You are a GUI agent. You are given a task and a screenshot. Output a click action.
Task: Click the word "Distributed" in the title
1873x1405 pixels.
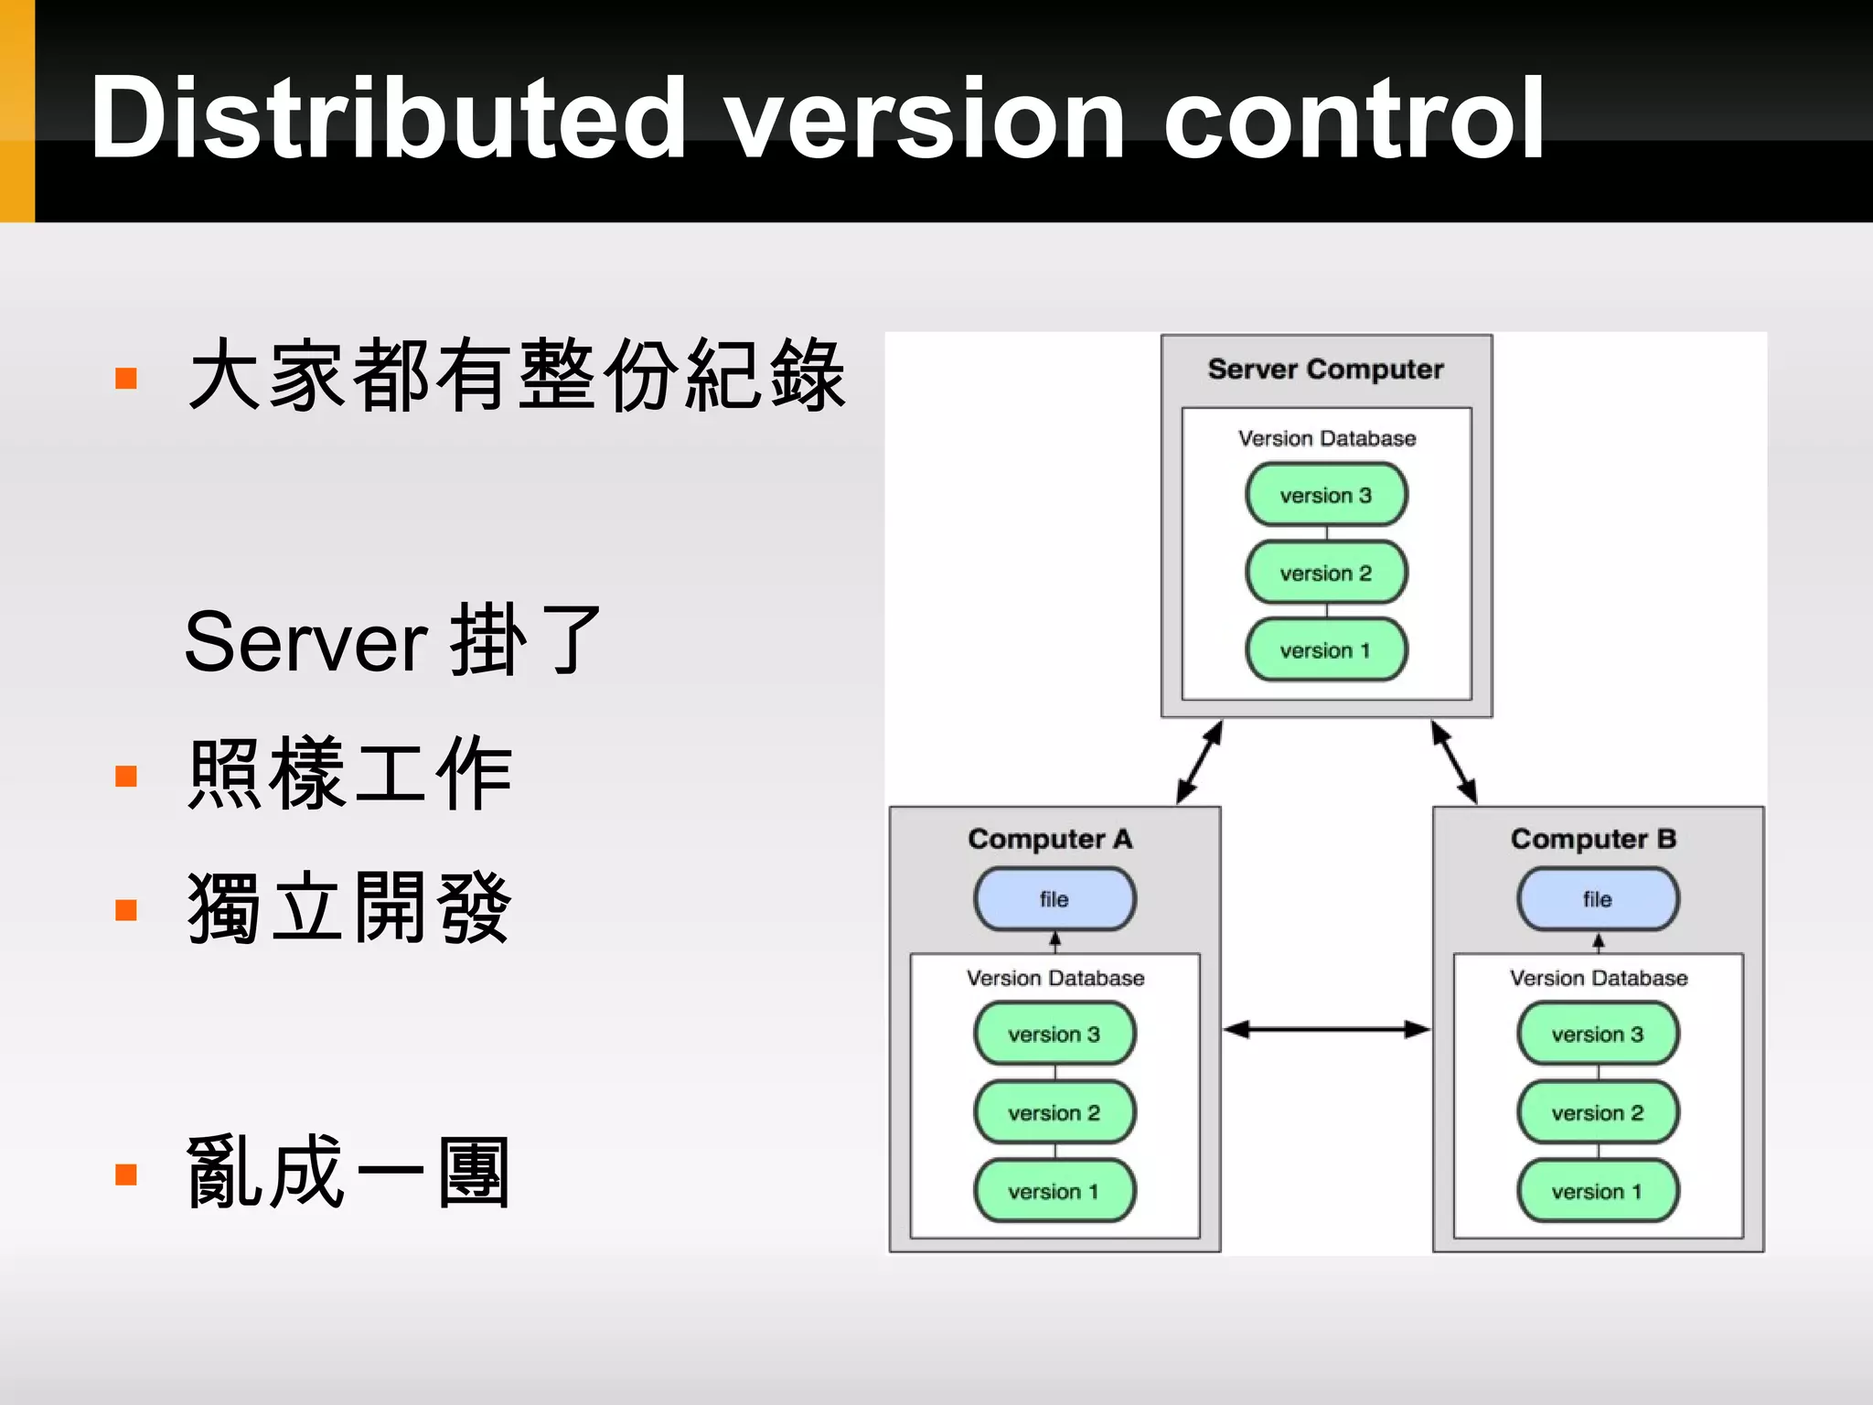389,119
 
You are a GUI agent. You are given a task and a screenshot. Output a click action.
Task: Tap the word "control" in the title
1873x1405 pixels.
1354,119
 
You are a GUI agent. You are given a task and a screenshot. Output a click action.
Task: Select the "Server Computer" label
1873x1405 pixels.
1325,370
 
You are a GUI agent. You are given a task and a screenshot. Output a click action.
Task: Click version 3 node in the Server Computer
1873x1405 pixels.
1326,495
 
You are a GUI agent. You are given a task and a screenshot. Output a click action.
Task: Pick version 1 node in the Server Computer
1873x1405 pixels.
1326,650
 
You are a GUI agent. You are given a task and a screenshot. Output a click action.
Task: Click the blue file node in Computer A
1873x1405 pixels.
1054,899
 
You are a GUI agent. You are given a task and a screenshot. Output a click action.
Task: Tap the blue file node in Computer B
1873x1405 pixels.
1598,899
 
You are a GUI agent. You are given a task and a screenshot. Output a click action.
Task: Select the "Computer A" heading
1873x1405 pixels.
1050,839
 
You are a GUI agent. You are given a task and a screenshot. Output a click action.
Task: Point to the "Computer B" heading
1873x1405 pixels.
1593,839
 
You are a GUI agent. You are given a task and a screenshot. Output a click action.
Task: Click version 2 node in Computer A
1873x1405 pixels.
1054,1113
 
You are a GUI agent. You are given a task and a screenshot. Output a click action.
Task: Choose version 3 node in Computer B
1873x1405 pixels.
1598,1035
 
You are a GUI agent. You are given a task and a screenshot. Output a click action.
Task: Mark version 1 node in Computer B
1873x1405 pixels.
1598,1192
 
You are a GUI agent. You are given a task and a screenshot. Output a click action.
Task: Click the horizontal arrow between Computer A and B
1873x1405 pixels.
1326,1030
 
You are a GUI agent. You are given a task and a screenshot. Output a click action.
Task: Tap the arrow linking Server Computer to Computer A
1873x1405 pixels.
1199,763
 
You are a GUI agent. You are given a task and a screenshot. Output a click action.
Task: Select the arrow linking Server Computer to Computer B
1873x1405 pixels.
1454,763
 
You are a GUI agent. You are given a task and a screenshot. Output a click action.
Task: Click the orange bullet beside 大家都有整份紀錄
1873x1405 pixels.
126,378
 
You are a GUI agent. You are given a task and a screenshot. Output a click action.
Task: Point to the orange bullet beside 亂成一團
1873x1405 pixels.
126,1174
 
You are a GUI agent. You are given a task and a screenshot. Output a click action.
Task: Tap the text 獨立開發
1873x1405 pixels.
348,908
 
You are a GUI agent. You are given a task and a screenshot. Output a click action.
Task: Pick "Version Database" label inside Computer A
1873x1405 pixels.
1055,979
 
